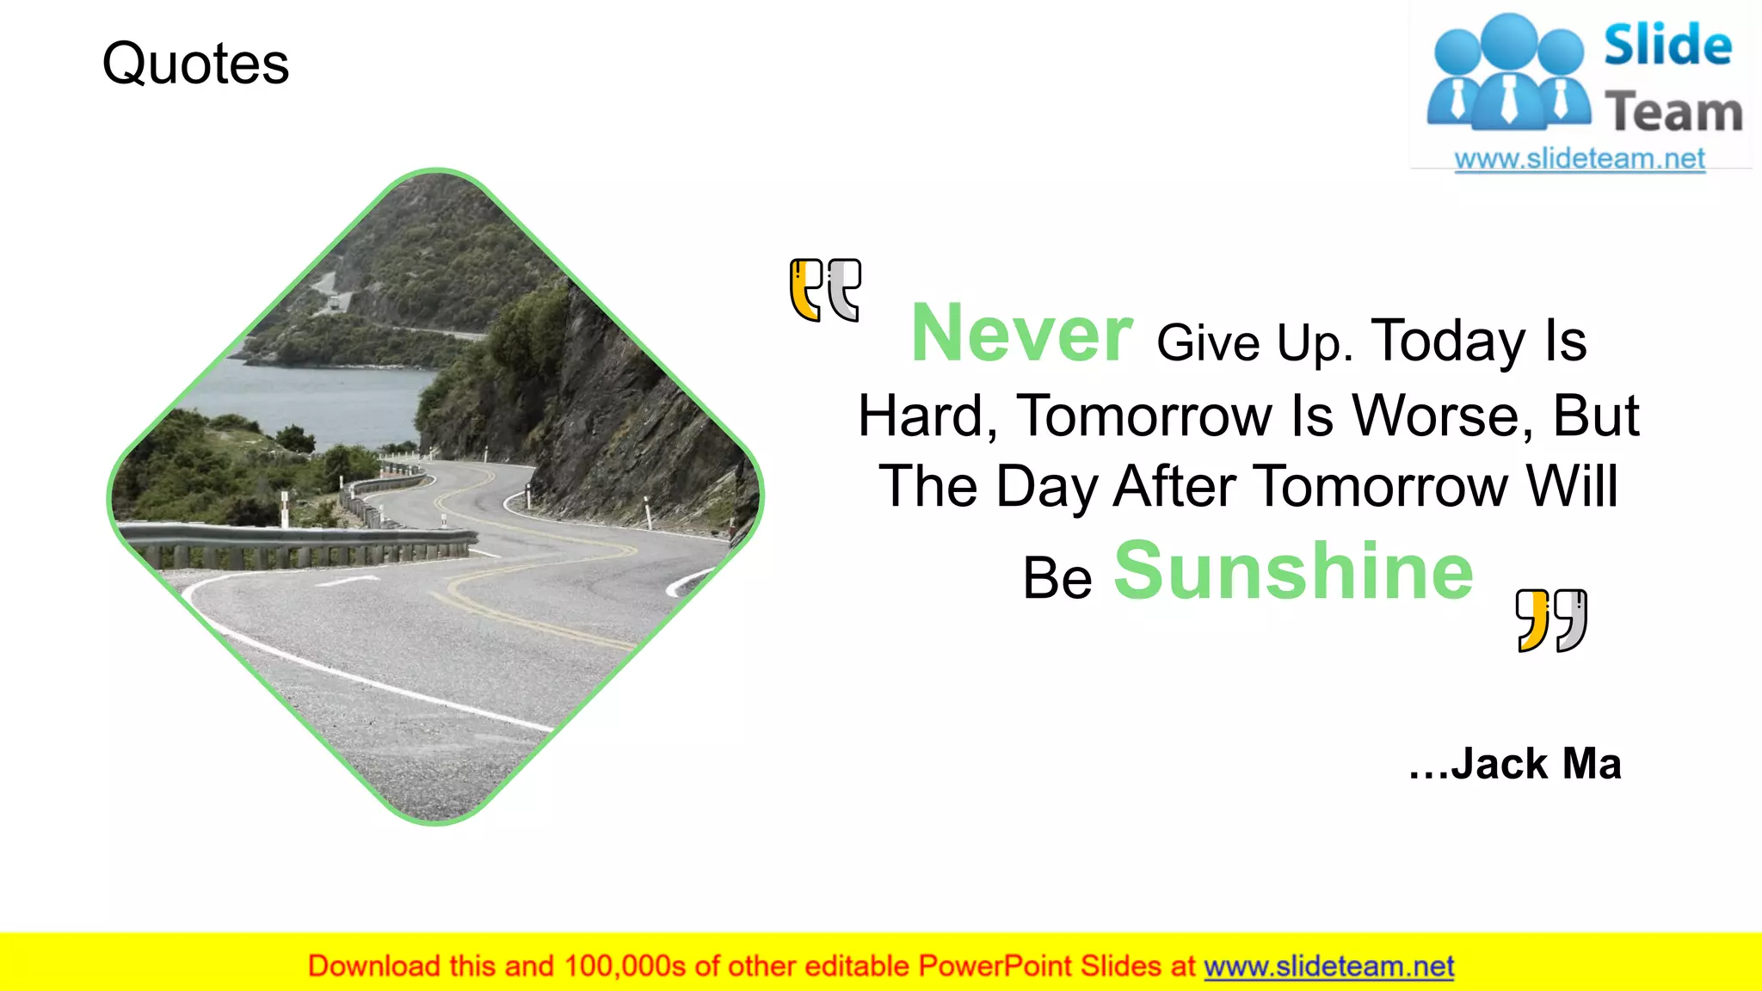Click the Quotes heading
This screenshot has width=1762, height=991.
[x=195, y=64]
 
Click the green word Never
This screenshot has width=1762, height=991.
[x=1021, y=334]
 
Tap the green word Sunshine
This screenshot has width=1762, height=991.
[x=1293, y=571]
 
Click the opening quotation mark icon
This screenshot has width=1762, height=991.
[x=824, y=290]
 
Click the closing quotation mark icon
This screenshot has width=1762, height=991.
[x=1551, y=620]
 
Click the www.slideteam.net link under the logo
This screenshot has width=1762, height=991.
[x=1579, y=159]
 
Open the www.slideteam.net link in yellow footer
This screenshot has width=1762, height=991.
[x=1328, y=967]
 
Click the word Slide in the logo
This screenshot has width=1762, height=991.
[x=1667, y=46]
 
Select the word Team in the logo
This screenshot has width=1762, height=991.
[x=1673, y=114]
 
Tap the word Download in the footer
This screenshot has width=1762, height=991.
[x=373, y=967]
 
